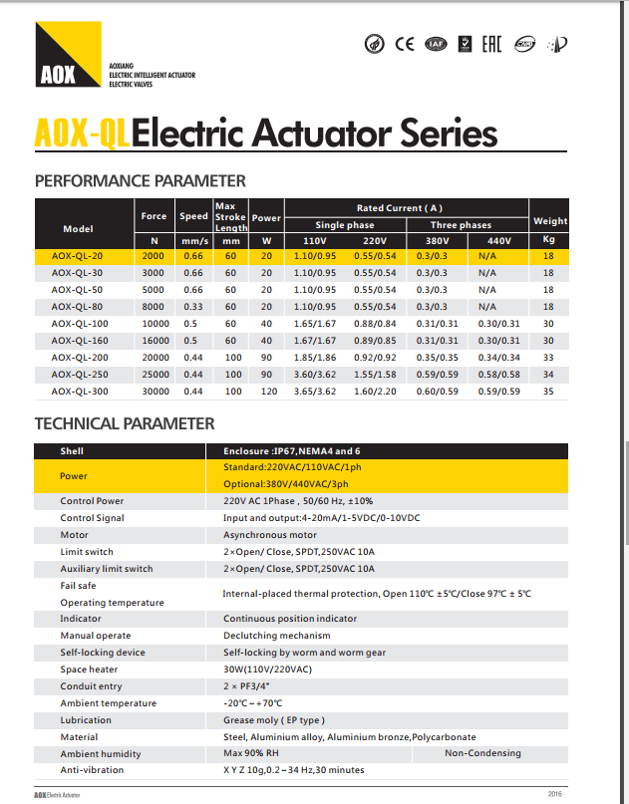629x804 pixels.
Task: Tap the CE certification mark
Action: point(405,44)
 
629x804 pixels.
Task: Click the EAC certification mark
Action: point(491,44)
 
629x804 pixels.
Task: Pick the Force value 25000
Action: point(155,374)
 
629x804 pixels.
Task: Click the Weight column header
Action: point(549,220)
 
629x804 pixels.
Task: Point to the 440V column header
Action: point(498,240)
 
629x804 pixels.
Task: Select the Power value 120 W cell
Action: point(266,392)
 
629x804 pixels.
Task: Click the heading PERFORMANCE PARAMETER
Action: point(140,181)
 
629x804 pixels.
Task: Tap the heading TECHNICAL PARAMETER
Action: point(125,423)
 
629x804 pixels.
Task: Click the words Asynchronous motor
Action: point(269,535)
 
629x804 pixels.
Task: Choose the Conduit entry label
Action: point(91,685)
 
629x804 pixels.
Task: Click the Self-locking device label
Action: point(103,652)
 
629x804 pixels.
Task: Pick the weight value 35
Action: point(548,392)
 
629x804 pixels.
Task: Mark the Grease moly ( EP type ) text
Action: point(274,719)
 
